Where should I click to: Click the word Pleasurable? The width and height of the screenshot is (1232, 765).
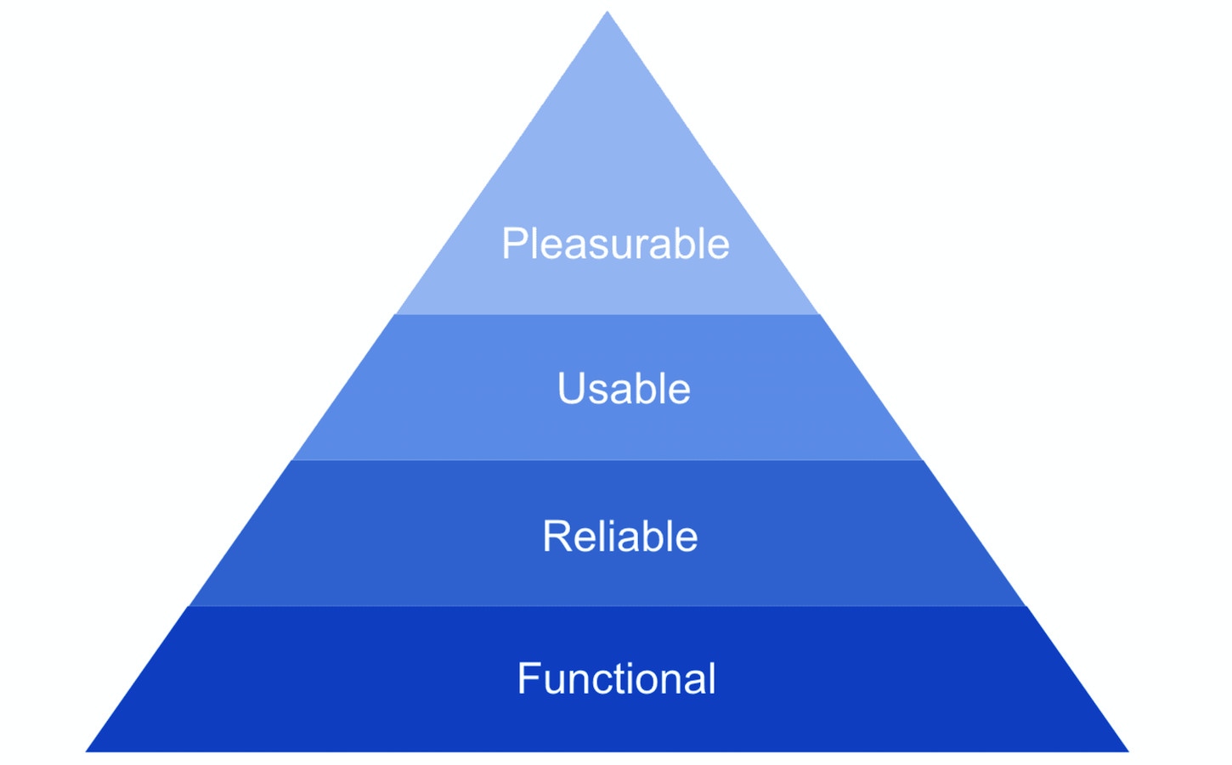point(615,243)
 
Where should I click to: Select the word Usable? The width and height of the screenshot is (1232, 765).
point(624,388)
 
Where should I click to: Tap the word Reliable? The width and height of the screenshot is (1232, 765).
point(620,536)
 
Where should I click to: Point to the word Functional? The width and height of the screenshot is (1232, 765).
point(617,678)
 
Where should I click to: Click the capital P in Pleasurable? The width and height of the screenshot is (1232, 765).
point(516,243)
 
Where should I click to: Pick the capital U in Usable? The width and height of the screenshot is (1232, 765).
point(572,389)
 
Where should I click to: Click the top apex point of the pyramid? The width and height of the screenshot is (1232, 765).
point(608,12)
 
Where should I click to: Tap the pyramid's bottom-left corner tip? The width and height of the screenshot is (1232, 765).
point(87,751)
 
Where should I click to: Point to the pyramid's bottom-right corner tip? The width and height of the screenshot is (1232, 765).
point(1128,751)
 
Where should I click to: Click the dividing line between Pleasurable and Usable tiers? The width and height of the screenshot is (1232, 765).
point(608,314)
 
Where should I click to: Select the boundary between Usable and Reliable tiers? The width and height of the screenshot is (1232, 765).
point(608,460)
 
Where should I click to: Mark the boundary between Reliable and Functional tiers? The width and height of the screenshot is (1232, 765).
point(608,606)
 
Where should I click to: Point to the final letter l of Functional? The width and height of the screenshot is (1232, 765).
point(712,678)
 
